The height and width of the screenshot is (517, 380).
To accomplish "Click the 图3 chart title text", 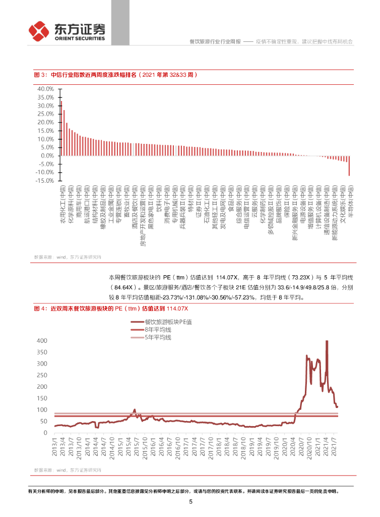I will (x=115, y=75).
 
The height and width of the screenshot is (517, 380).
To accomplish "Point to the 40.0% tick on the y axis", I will (x=45, y=89).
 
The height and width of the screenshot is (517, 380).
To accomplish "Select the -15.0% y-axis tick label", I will (x=44, y=180).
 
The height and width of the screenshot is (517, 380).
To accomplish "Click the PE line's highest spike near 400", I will (x=327, y=342).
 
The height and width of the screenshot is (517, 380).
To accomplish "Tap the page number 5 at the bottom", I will (x=191, y=501).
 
